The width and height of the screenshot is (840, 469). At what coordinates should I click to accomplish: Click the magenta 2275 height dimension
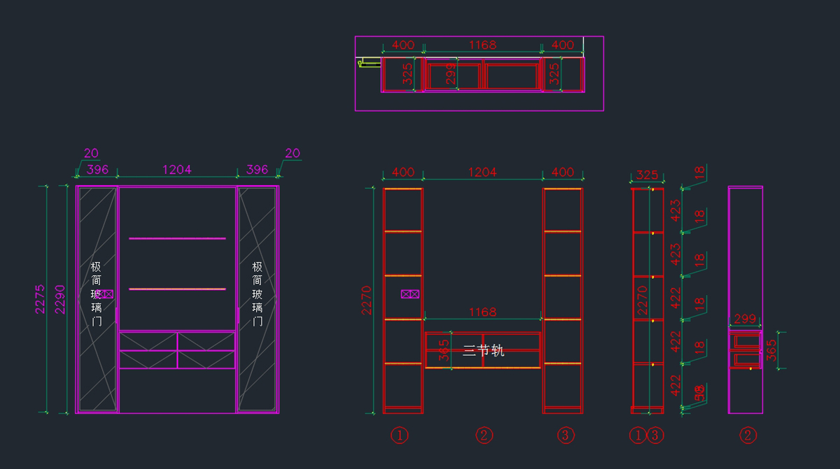point(40,298)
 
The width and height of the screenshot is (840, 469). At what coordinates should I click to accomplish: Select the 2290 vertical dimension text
point(60,298)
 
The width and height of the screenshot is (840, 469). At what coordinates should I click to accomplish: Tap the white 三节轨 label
point(483,350)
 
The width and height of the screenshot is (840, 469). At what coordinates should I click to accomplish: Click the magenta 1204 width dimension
point(176,169)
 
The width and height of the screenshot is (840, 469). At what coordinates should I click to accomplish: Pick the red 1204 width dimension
point(482,172)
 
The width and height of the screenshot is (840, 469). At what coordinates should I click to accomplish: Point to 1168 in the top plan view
point(482,45)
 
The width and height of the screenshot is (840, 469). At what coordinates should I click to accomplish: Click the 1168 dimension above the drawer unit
point(482,312)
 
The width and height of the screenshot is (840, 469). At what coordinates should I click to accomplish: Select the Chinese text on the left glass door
point(96,294)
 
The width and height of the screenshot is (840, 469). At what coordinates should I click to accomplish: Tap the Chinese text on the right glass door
point(257,294)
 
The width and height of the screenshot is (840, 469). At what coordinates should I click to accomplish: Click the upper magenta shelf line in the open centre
point(177,238)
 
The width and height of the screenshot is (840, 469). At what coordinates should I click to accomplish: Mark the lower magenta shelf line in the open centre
point(177,289)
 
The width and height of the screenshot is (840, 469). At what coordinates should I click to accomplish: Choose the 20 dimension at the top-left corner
point(91,153)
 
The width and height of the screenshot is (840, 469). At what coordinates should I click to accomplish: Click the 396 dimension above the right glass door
point(257,169)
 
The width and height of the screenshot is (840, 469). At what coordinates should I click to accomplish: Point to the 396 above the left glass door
point(97,169)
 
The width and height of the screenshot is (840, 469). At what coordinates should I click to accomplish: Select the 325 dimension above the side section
point(647,175)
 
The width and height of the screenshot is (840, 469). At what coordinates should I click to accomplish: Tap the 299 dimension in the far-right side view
point(745,319)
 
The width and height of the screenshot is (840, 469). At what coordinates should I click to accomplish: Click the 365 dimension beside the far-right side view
point(771,350)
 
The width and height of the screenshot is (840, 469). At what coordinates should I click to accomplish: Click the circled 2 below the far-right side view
point(748,435)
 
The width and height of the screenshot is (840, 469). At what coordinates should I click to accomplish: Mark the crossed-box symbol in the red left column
point(409,294)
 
